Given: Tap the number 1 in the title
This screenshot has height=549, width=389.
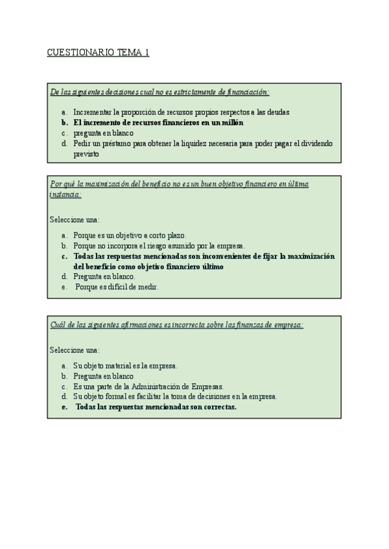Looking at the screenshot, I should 147,52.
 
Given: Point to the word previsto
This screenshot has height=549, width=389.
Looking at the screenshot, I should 86,154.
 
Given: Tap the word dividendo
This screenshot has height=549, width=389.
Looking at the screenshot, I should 317,143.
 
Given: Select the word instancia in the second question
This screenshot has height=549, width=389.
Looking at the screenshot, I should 65,194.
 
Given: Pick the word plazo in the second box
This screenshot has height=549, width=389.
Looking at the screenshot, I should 176,235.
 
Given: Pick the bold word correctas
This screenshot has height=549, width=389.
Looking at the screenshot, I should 217,407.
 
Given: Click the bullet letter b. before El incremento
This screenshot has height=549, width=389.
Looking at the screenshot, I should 64,122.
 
